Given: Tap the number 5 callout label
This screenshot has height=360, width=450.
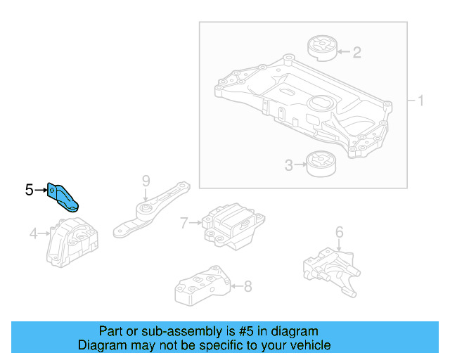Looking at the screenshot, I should [x=29, y=189].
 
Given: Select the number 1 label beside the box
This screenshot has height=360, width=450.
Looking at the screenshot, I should [x=420, y=101].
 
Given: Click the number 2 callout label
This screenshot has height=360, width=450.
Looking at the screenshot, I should [x=356, y=51].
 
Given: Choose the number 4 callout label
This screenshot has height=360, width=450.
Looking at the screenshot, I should [x=33, y=233].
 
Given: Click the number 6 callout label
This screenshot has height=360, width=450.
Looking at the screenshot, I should [x=339, y=231].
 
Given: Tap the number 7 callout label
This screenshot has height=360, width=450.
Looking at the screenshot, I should [x=184, y=224].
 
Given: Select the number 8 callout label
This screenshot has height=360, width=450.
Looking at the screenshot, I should [x=247, y=286].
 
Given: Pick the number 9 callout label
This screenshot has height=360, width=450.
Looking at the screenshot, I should [x=146, y=181].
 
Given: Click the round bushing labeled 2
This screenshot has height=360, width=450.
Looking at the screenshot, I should [x=323, y=49].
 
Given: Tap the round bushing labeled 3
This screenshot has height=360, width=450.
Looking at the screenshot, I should [x=321, y=166].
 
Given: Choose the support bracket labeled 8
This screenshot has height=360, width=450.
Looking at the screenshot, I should [x=201, y=287].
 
